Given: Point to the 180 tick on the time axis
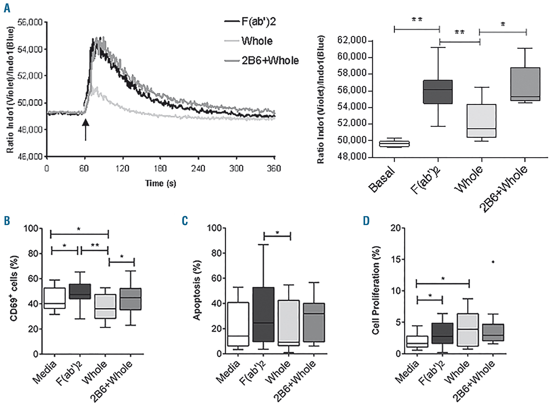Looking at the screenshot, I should pos(160,168).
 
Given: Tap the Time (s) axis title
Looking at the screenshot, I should pos(161,183).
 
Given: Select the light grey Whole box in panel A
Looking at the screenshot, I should pos(481,121).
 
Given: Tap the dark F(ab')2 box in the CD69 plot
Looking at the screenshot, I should pos(80,291).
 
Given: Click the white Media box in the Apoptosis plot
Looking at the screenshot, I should pos(238,324).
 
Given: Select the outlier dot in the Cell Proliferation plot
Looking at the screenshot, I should pos(493,262).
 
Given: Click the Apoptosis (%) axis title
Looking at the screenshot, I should pos(197,290).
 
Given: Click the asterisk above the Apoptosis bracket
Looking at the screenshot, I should pos(277,232).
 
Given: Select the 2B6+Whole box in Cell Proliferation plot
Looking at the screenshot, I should pos(493,332).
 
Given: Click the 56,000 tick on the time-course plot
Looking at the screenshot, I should pos(30,22).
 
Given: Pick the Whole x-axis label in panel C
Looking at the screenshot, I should pos(278,372).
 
